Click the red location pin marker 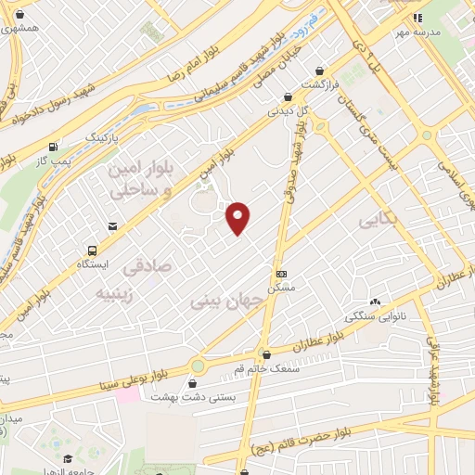(238, 217)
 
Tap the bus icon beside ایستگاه (92, 250)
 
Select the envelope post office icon (112, 225)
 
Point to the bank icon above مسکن (282, 274)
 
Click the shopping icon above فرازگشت (320, 71)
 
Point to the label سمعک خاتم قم (267, 368)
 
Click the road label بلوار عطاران (315, 344)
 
